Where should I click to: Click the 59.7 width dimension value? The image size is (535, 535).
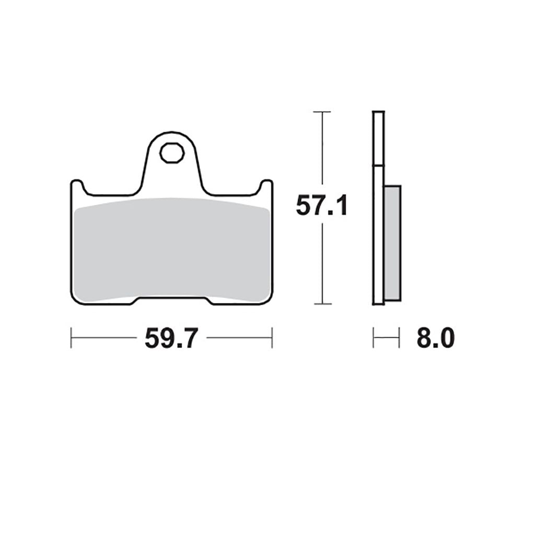[171, 339]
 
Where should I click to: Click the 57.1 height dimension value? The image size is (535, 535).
[322, 206]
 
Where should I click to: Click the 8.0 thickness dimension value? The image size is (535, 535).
[436, 338]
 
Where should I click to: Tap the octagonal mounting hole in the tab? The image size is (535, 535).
[172, 153]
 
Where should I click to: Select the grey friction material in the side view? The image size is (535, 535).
[392, 243]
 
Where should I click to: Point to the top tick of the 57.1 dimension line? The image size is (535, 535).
[322, 112]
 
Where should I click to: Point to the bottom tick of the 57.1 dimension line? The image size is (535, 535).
[322, 304]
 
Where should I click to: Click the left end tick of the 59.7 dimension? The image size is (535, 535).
[71, 338]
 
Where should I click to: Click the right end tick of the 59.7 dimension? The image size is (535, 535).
[272, 338]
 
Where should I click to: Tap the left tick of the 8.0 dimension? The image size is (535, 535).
[374, 338]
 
